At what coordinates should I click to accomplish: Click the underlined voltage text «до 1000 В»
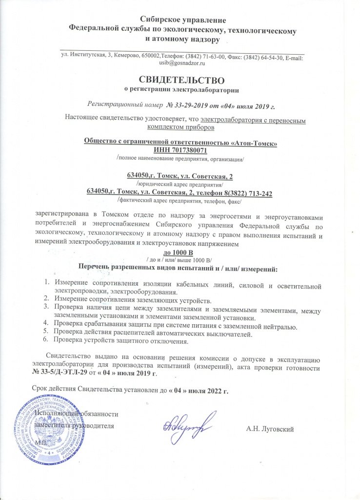tap(180, 252)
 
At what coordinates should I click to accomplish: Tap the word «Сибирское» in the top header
tap(159, 20)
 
